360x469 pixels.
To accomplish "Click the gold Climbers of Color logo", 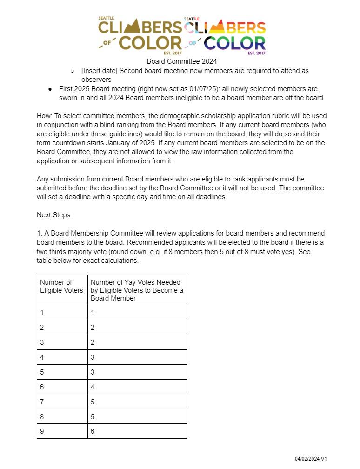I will pos(140,35).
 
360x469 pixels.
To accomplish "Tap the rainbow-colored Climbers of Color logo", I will pos(225,35).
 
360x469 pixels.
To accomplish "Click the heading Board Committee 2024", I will pos(182,61).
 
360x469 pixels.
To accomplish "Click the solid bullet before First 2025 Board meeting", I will pos(50,89).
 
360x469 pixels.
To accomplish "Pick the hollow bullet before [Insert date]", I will pos(73,71).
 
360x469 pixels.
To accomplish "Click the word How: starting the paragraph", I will pos(44,116).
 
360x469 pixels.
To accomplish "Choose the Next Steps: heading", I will pos(54,215).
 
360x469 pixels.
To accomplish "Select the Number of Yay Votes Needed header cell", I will pos(137,290).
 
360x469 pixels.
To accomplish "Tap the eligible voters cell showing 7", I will pos(62,402).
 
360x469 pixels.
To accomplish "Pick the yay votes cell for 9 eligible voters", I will pos(137,431).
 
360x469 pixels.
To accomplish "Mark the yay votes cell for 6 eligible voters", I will pos(137,387).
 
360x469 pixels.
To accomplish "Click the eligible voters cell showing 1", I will pos(62,313).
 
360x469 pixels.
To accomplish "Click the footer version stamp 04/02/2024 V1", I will pos(311,459).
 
